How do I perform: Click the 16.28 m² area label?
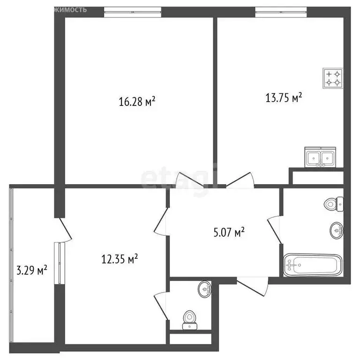(x=137, y=101)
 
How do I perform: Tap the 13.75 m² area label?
(x=283, y=98)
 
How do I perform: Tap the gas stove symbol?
(x=333, y=78)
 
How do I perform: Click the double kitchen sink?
(x=321, y=157)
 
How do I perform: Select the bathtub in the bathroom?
(x=314, y=265)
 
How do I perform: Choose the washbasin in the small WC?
(x=204, y=289)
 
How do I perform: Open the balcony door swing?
(x=64, y=229)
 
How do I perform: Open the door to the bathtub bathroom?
(x=275, y=230)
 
